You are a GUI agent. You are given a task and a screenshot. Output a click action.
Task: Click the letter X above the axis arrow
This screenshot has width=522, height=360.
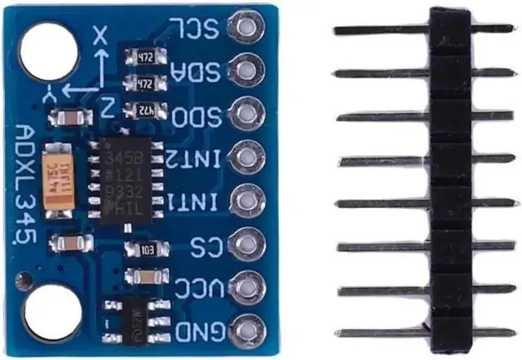100,34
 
